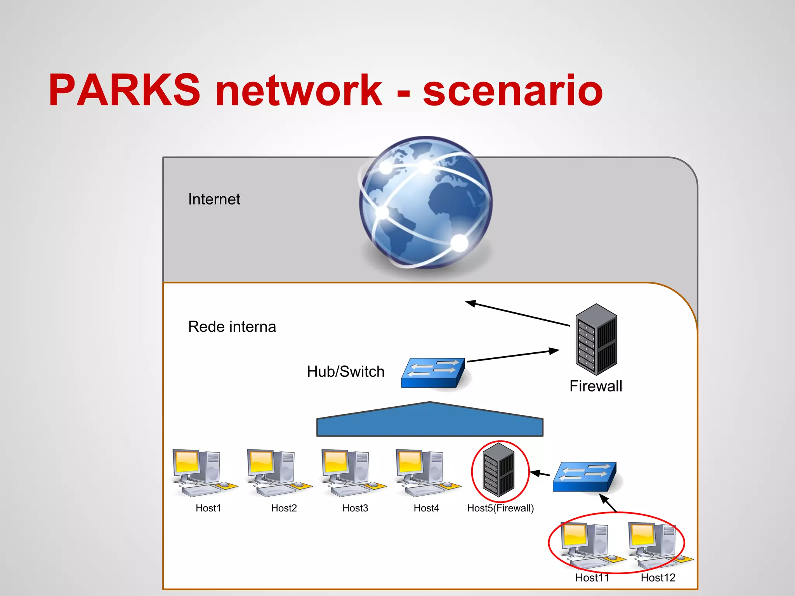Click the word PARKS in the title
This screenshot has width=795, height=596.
(x=124, y=90)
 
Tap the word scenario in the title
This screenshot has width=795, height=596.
(x=512, y=91)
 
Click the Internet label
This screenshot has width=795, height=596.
(x=214, y=199)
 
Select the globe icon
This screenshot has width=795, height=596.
(x=426, y=203)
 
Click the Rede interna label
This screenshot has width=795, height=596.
(x=232, y=327)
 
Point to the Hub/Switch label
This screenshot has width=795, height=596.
(x=345, y=371)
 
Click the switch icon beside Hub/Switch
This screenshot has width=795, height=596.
(x=433, y=372)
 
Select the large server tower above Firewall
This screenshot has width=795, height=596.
(x=596, y=339)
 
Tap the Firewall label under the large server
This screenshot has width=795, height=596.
(x=595, y=386)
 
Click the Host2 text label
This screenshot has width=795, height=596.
(x=284, y=508)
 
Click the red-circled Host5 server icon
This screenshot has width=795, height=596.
(x=499, y=470)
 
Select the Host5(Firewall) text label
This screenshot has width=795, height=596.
(x=500, y=508)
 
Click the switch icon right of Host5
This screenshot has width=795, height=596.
(x=584, y=476)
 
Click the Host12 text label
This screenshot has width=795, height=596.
(x=658, y=578)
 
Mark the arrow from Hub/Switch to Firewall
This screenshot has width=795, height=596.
(x=512, y=356)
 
